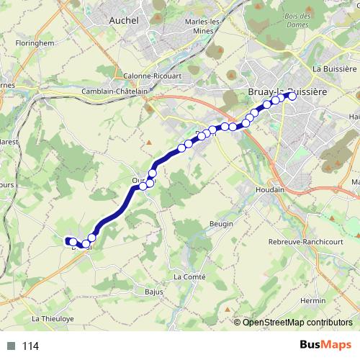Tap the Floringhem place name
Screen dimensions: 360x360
tap(31, 43)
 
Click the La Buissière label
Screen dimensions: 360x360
tap(334, 68)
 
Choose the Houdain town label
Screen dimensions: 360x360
tap(271, 190)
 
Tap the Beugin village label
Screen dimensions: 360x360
tap(221, 225)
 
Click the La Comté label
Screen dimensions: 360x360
tap(190, 276)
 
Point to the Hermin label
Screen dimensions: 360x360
tap(312, 300)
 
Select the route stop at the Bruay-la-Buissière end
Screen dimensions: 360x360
tap(291, 95)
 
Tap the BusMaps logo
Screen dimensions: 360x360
tap(322, 345)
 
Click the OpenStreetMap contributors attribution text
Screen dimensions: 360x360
tap(297, 322)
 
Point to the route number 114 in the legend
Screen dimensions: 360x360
tap(30, 346)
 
